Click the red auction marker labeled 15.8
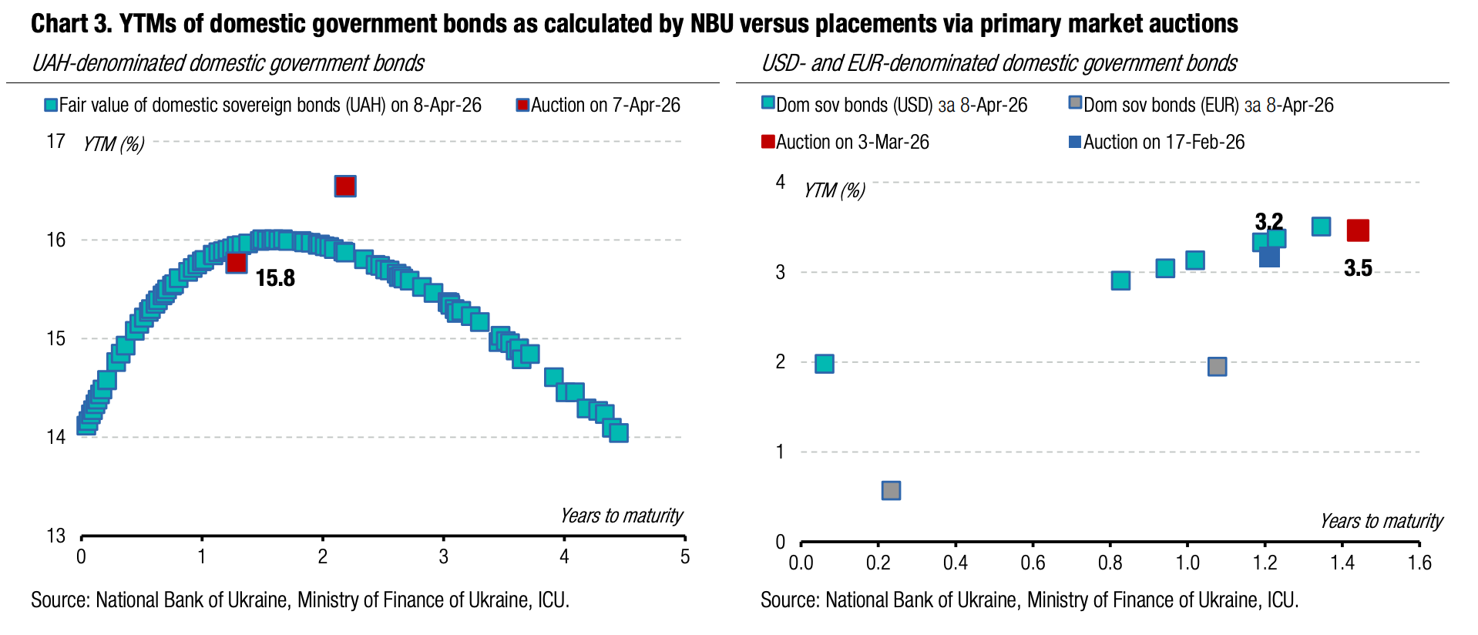237,263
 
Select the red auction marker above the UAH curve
344,186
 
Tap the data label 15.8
275,278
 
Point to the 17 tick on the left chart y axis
55,142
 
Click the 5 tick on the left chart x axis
684,557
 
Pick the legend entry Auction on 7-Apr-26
598,106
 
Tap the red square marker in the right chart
1357,230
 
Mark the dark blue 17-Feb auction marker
1268,257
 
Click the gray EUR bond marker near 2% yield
1217,366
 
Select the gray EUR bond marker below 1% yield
891,490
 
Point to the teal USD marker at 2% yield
824,364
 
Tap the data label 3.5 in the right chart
1358,268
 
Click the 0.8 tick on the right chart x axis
1110,563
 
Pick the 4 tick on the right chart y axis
781,183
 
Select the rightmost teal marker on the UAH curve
618,432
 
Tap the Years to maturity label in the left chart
621,516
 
